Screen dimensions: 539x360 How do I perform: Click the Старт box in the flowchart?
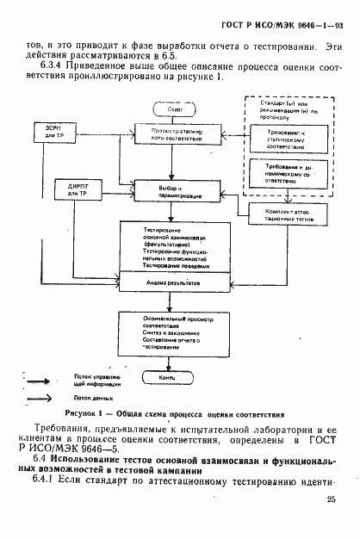click(167, 109)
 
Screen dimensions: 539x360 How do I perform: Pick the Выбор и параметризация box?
click(167, 190)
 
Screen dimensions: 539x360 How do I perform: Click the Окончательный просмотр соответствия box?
click(167, 331)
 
